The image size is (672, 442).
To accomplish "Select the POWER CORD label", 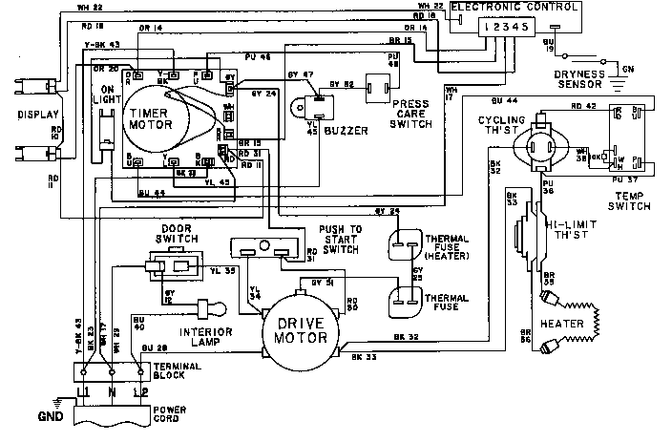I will (167, 414).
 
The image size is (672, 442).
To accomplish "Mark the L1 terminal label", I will (85, 391).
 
